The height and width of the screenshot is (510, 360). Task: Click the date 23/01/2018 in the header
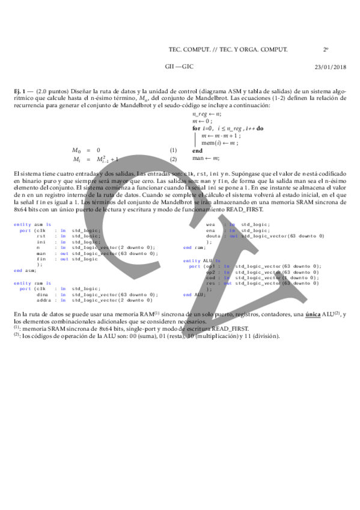[x=328, y=66]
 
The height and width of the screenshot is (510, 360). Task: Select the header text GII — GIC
[x=178, y=66]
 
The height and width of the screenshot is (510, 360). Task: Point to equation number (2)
[x=173, y=159]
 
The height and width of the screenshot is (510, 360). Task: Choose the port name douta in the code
[x=212, y=236]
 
